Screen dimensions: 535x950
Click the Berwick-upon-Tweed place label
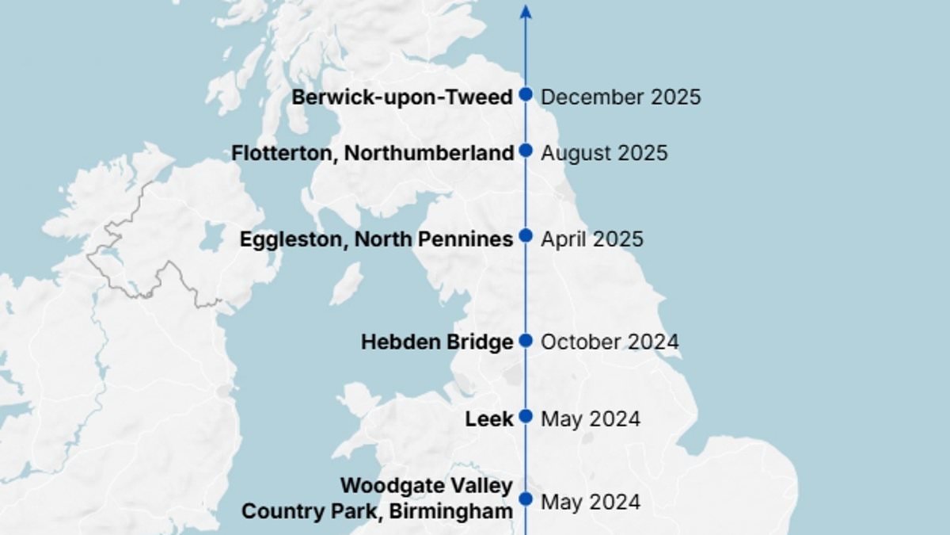tap(402, 97)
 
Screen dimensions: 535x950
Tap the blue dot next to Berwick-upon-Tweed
tap(526, 94)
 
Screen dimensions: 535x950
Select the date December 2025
tap(621, 97)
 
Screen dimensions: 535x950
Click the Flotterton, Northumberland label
tap(373, 153)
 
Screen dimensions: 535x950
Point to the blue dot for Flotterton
tap(526, 150)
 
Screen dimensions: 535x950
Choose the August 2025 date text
tap(604, 153)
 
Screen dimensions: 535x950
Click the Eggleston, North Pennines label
tap(376, 239)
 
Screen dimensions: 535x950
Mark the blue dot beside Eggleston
tap(526, 235)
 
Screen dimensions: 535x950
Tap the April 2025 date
tap(592, 239)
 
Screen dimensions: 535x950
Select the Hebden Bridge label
tap(437, 342)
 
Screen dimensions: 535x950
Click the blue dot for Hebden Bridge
tap(526, 341)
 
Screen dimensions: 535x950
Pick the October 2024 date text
tap(610, 342)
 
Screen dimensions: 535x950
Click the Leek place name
tap(489, 418)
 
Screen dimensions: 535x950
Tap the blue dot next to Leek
tap(526, 417)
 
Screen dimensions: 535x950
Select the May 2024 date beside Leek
tap(591, 418)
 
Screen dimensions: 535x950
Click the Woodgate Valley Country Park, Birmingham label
tap(378, 499)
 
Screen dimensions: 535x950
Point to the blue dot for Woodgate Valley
tap(526, 499)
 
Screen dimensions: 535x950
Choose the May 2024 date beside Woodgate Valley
tap(591, 503)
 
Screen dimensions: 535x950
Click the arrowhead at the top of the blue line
tap(526, 11)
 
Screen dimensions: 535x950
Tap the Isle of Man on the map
tap(346, 284)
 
